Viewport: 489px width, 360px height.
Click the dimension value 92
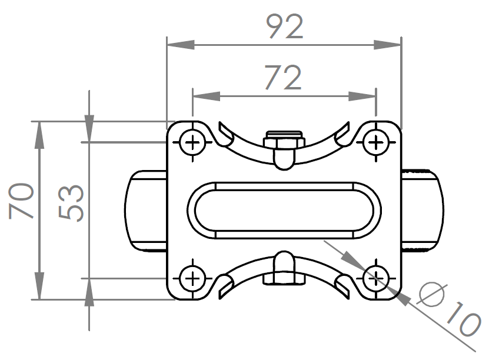[284, 26]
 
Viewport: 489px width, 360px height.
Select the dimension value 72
[283, 78]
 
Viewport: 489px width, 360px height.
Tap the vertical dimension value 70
[22, 201]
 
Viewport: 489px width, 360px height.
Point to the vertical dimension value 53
[72, 203]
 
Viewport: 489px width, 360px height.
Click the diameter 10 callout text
[450, 310]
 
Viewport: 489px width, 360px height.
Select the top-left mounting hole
[192, 142]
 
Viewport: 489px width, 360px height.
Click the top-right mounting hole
[375, 142]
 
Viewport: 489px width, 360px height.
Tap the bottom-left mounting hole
[192, 277]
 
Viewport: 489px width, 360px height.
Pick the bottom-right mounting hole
[375, 277]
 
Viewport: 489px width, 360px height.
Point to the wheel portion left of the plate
[146, 210]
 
